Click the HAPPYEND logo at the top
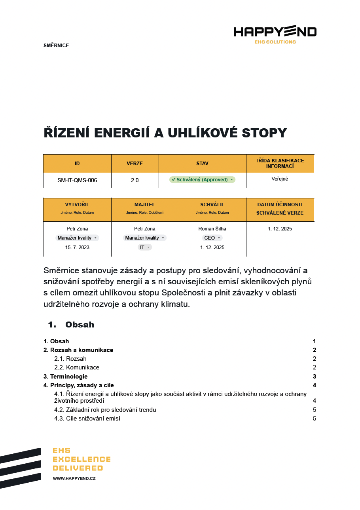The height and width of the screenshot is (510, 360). pos(275,32)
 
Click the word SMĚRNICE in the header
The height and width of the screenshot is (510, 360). pos(56,46)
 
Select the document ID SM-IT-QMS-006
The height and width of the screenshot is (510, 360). pos(77,180)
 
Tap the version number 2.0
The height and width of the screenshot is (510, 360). pos(135,180)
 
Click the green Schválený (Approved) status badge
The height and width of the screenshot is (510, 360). pos(202,180)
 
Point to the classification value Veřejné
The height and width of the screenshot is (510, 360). pos(280,179)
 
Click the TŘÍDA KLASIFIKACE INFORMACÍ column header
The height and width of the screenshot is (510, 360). pos(280,163)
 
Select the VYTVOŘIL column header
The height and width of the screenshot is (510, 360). pos(77,205)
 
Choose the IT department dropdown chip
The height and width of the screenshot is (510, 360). pos(145,247)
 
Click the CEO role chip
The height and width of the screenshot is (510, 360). pos(212,238)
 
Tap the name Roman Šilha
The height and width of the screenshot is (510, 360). pos(212,229)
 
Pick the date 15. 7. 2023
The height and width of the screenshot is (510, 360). pos(77,247)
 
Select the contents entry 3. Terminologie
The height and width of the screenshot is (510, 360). pos(66,377)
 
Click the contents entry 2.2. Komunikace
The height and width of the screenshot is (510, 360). pos(77,367)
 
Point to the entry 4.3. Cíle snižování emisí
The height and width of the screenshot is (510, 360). pos(87,419)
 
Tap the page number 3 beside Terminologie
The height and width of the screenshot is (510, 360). pos(314,377)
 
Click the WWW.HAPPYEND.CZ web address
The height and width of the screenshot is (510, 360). pos(74,478)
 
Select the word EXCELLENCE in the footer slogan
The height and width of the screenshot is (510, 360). pos(81,459)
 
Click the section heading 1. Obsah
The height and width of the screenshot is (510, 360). pos(71,325)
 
